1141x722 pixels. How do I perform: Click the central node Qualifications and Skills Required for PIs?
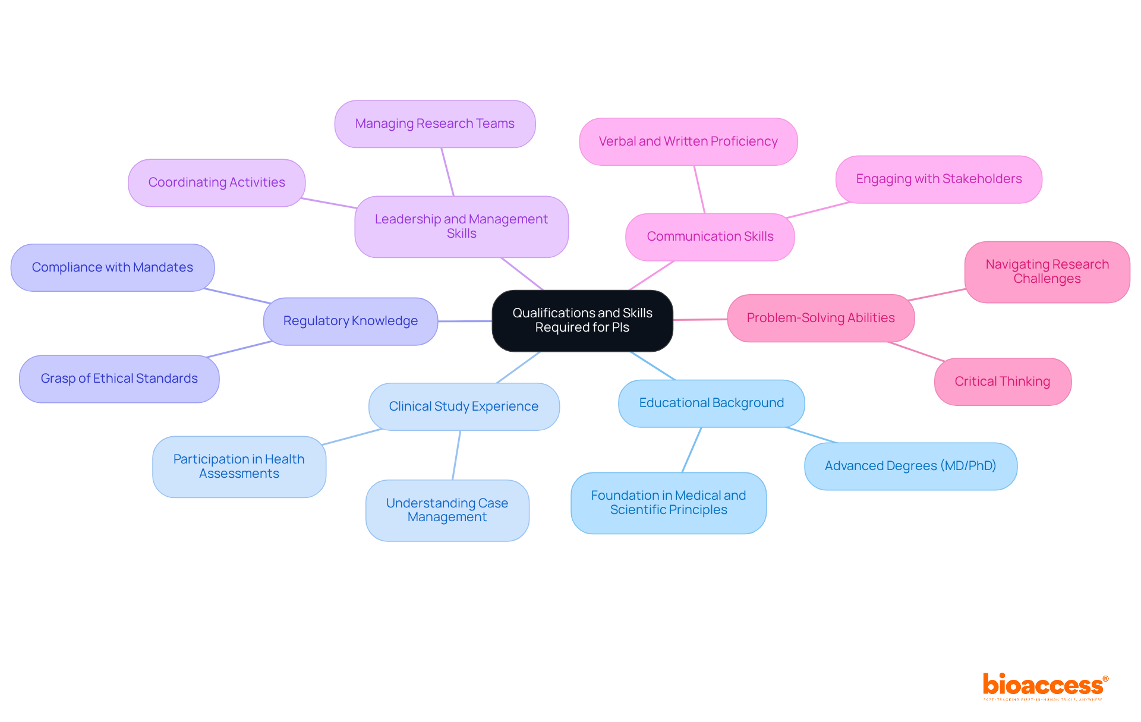(x=582, y=320)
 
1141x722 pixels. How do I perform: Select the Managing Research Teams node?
(x=435, y=124)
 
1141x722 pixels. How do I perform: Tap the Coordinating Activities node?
(x=216, y=182)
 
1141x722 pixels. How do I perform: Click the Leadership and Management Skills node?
(x=461, y=226)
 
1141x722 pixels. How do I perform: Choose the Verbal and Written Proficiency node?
(x=688, y=141)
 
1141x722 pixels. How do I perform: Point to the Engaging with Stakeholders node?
(x=938, y=179)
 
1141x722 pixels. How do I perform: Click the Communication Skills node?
(x=710, y=237)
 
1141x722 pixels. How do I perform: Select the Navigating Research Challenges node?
(x=1047, y=272)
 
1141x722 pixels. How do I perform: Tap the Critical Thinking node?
(x=1003, y=382)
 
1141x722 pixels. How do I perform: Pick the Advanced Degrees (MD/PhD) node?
(x=910, y=466)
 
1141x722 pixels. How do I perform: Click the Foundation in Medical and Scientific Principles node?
(x=669, y=503)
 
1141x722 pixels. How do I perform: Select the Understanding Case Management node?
(x=447, y=510)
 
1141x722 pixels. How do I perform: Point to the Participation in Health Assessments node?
(x=239, y=466)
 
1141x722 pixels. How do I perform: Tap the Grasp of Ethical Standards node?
(x=119, y=379)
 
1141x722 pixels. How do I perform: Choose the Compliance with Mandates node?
(x=112, y=267)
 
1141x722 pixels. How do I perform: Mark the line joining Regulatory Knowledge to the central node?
(x=465, y=321)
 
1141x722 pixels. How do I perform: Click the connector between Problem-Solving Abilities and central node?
(x=700, y=319)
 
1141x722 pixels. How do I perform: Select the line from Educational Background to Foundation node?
(x=692, y=449)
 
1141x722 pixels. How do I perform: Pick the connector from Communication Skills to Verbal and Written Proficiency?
(x=699, y=189)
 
